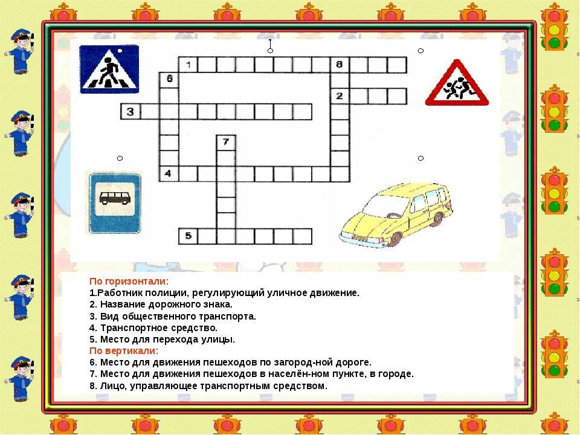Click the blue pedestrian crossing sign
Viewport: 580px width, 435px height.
click(109, 69)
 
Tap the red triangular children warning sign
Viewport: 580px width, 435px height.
click(457, 83)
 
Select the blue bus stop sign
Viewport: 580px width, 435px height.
click(115, 203)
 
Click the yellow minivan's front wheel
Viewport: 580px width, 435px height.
click(395, 239)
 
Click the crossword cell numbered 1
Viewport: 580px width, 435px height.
click(188, 65)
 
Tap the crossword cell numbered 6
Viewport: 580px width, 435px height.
click(169, 80)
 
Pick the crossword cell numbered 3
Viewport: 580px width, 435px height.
click(130, 112)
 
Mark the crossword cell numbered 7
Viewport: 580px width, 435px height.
click(226, 143)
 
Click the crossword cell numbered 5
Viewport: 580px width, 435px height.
click(188, 236)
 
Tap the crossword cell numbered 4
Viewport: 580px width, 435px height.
click(169, 174)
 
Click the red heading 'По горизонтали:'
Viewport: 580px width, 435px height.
click(129, 282)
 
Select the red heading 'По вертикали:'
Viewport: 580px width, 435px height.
click(124, 350)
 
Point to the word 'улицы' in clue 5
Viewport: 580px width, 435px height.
click(218, 340)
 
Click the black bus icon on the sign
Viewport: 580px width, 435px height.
click(115, 198)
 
